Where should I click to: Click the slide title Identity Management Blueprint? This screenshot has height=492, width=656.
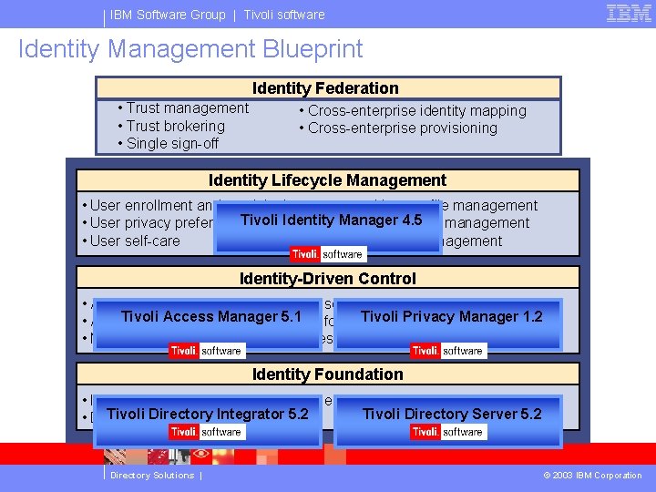tap(190, 49)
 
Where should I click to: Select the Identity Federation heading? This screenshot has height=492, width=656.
tap(325, 88)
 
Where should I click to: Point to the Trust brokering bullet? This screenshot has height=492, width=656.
tap(175, 126)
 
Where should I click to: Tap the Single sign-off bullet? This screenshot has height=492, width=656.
tap(172, 143)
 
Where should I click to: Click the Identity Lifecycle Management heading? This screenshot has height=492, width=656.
tap(327, 180)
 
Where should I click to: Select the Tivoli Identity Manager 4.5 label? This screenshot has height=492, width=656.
tap(331, 220)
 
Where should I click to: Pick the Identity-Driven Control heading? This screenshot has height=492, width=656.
tap(327, 279)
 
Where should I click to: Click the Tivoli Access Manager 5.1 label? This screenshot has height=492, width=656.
tap(210, 316)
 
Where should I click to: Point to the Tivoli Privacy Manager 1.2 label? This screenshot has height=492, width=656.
tap(451, 316)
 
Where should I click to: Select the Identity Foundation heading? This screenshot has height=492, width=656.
tap(327, 374)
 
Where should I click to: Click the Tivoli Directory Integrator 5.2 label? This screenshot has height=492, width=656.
tap(207, 414)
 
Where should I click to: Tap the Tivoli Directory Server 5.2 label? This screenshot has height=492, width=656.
tap(451, 414)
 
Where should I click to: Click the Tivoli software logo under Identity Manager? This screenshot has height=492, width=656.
tap(327, 254)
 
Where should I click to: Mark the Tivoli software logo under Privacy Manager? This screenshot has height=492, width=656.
tap(447, 350)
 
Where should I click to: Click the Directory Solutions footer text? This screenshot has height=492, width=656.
tap(152, 475)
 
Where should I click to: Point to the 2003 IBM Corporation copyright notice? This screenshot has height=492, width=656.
tap(592, 475)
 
